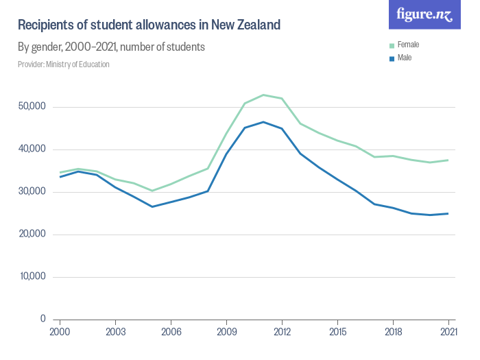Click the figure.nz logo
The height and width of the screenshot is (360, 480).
[425, 15]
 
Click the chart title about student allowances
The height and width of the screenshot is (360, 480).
[149, 25]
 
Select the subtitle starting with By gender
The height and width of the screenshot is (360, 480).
[111, 47]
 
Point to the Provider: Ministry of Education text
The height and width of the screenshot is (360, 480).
[63, 64]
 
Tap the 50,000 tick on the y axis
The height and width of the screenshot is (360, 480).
[32, 107]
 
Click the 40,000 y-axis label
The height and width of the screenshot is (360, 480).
[32, 149]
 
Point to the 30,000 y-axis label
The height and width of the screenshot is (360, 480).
[32, 192]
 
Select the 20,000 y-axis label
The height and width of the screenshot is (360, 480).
[32, 235]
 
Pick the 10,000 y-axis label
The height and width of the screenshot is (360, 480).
[32, 277]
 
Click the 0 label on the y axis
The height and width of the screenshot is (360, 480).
[43, 319]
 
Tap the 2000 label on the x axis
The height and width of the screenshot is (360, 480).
[60, 331]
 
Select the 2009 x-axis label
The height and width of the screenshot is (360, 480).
[226, 331]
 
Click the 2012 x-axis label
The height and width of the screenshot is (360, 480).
[282, 331]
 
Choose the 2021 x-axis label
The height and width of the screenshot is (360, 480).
[448, 331]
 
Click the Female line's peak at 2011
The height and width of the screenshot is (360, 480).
[263, 95]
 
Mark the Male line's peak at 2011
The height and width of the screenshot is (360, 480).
[263, 122]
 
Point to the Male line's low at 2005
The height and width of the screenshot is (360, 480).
[152, 206]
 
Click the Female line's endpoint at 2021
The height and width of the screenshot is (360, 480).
[448, 160]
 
